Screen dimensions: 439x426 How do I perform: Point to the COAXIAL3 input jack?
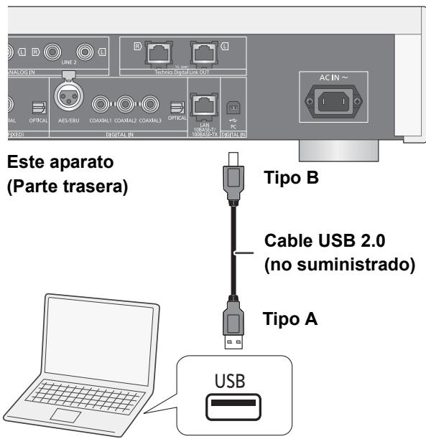(150, 102)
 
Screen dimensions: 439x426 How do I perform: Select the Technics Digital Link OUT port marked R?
(157, 52)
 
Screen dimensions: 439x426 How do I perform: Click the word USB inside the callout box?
(233, 380)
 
